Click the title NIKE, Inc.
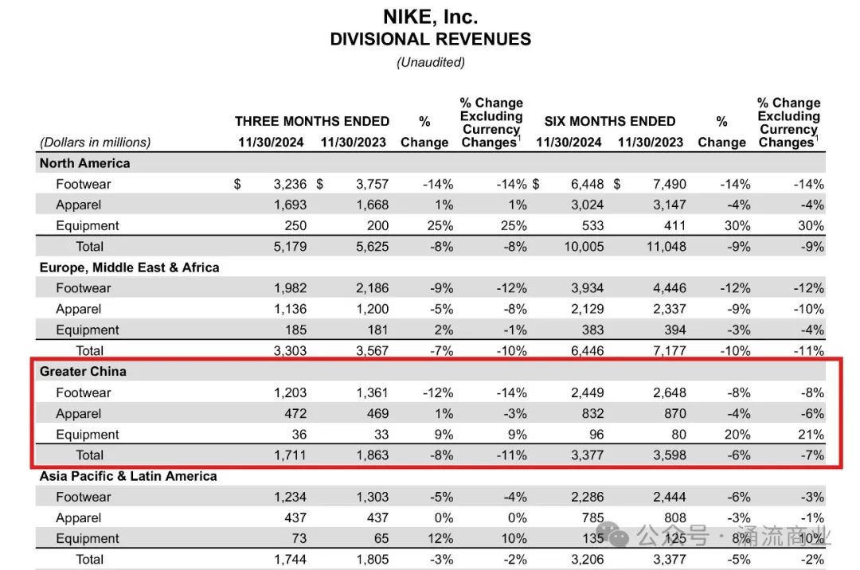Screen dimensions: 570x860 point(430,17)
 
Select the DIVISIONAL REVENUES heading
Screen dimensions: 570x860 point(430,39)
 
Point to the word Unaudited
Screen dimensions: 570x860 point(430,62)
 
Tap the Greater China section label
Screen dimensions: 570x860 point(83,372)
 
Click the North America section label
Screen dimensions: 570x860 point(84,163)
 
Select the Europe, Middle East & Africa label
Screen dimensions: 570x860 point(129,267)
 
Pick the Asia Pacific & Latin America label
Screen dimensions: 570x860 point(128,476)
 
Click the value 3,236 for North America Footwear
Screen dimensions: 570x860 point(289,184)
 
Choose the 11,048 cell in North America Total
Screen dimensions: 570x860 point(665,247)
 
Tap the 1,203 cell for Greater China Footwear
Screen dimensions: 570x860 point(289,392)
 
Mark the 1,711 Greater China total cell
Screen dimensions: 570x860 point(289,455)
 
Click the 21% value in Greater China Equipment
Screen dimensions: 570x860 point(811,435)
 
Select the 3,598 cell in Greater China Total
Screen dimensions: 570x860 point(666,455)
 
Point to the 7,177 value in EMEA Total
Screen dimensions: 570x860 point(666,351)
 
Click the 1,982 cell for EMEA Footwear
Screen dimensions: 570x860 point(289,288)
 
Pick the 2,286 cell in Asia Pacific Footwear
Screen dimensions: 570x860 point(584,497)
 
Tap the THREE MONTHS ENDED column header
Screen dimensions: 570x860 point(312,122)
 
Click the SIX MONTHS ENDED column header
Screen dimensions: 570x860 point(610,122)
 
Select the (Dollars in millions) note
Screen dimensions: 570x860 point(95,142)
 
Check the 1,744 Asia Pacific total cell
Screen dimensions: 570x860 point(289,560)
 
